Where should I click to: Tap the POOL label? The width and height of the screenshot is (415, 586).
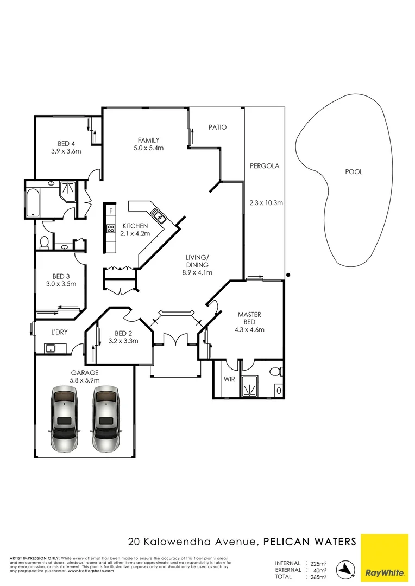[353, 172]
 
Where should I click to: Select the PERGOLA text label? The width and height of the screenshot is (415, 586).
[264, 166]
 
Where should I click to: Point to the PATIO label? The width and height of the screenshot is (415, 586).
[217, 128]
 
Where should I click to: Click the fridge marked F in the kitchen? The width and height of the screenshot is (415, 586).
[111, 211]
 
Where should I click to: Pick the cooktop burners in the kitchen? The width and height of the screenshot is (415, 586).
[111, 228]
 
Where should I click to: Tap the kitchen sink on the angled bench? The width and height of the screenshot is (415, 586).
[159, 218]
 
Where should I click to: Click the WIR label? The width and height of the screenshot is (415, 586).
[229, 379]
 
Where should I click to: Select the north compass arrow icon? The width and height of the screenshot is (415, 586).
[345, 568]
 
